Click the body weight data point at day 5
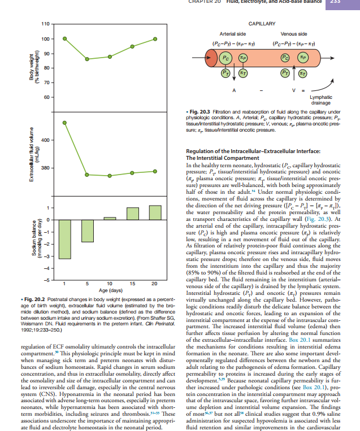[87, 59]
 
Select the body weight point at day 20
[155, 39]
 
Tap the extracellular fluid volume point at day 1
[64, 122]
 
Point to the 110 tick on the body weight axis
[45, 24]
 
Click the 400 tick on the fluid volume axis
[45, 140]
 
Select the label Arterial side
[232, 34]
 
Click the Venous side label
[294, 34]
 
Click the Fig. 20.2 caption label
[33, 298]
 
